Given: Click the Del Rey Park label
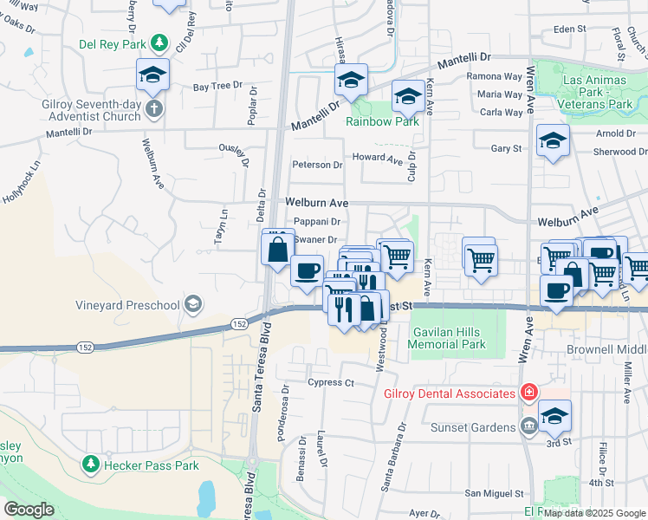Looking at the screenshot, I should pos(112,42).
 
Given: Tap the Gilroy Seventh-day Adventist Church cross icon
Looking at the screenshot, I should pos(152,108).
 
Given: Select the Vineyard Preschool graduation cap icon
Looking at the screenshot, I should pos(193,304).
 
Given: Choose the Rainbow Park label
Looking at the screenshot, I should pos(382,121).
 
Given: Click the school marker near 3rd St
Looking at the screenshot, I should pos(554,417).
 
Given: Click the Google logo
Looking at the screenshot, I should pos(29,510).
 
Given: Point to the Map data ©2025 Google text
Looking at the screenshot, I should pos(599,513).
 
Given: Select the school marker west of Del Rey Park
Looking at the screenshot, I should pos(152,75).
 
